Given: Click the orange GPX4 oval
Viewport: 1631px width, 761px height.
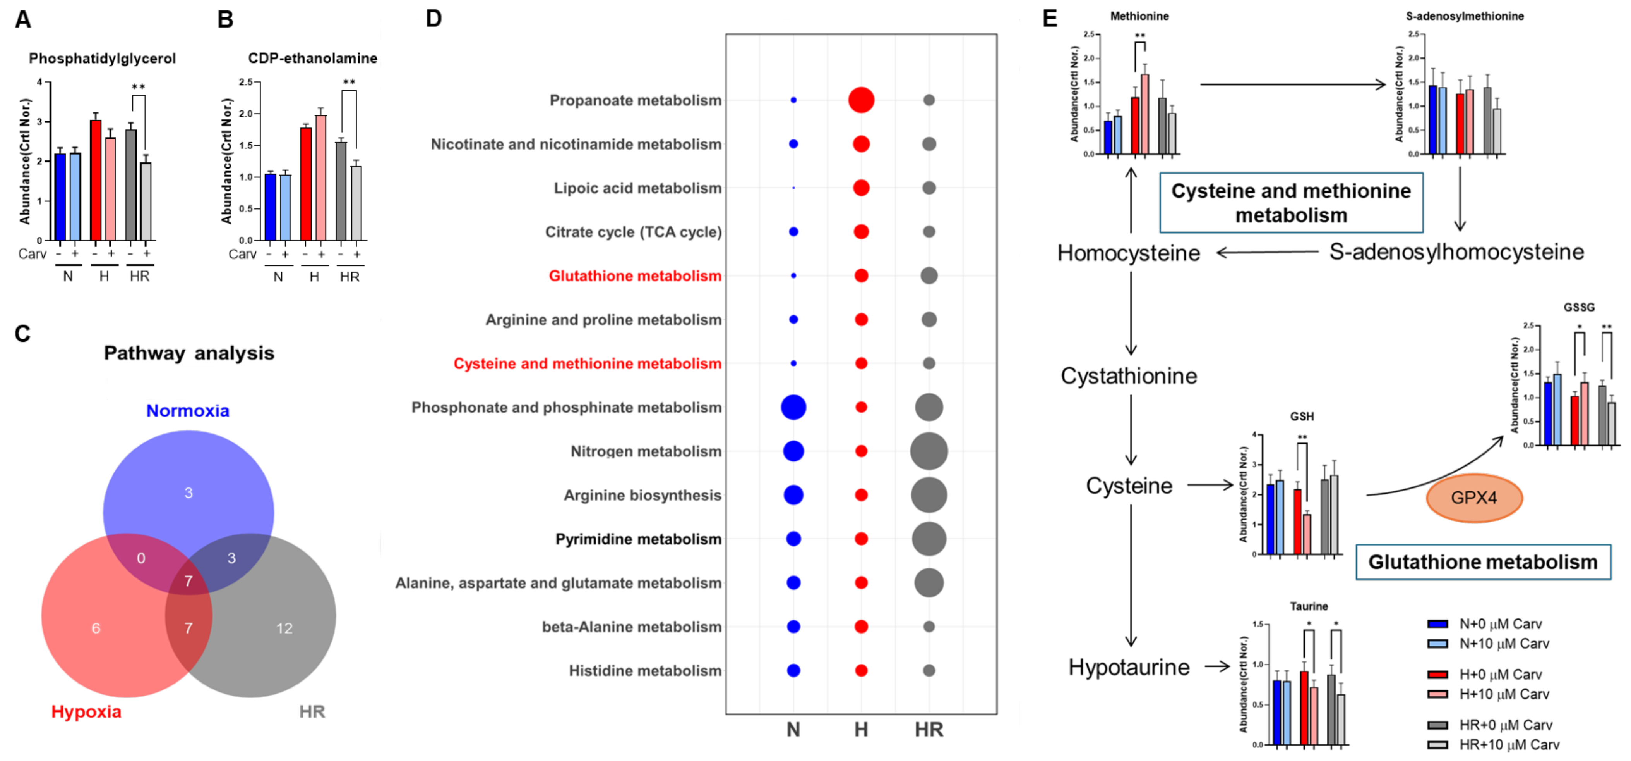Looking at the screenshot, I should pos(1473,498).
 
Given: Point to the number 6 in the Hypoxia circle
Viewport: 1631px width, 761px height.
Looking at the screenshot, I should pos(96,628).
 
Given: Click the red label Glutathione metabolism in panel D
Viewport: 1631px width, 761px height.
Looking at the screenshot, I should pos(634,275).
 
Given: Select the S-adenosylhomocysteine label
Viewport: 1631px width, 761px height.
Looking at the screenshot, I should pos(1456,251).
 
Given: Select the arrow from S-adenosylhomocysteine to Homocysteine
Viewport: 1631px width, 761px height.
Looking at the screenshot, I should pos(1266,253).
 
